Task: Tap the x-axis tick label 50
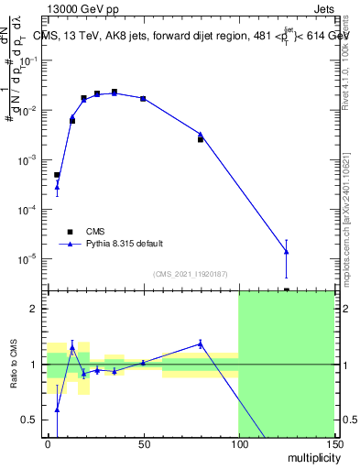(143, 444)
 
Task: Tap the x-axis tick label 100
(238, 444)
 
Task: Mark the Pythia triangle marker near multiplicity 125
(287, 251)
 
